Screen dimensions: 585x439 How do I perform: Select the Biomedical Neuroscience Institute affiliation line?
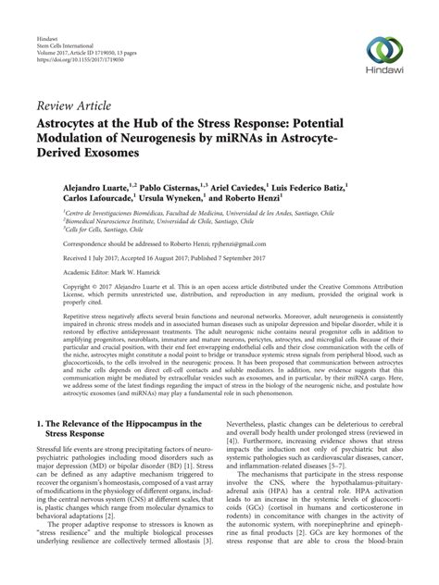(130, 222)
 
